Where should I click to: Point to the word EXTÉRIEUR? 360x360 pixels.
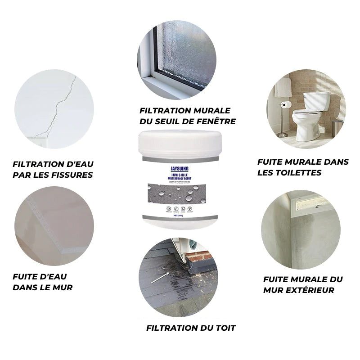click(310, 290)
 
